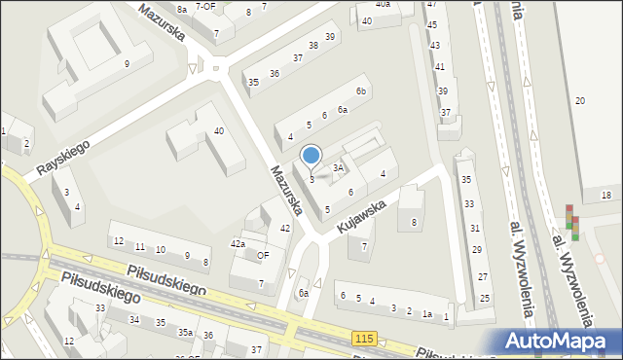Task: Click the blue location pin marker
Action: click(x=311, y=156)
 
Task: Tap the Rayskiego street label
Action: click(x=63, y=157)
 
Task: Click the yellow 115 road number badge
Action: click(x=365, y=337)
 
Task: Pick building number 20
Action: click(x=580, y=102)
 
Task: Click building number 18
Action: click(x=605, y=196)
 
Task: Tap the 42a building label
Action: click(x=238, y=244)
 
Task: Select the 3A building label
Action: click(x=338, y=168)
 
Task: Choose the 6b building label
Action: click(x=360, y=91)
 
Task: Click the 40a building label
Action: click(x=383, y=5)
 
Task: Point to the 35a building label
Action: click(x=185, y=333)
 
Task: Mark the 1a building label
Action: click(x=426, y=314)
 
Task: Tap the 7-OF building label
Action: click(x=205, y=6)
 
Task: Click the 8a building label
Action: click(x=182, y=9)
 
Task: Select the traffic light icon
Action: click(x=572, y=222)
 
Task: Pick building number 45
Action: click(x=432, y=24)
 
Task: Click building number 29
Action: click(x=477, y=250)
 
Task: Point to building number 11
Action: click(x=140, y=248)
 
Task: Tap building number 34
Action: click(x=134, y=319)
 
